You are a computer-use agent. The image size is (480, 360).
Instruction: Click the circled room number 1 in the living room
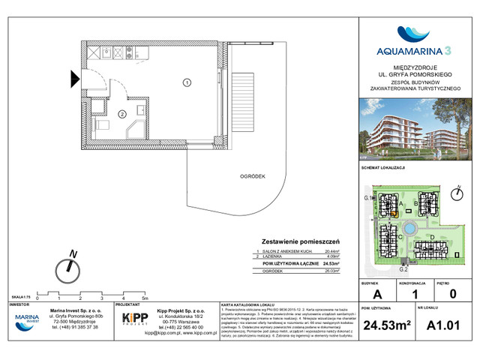187,82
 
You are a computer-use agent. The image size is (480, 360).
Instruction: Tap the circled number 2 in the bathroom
121,114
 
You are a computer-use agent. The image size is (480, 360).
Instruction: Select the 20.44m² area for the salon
331,252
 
